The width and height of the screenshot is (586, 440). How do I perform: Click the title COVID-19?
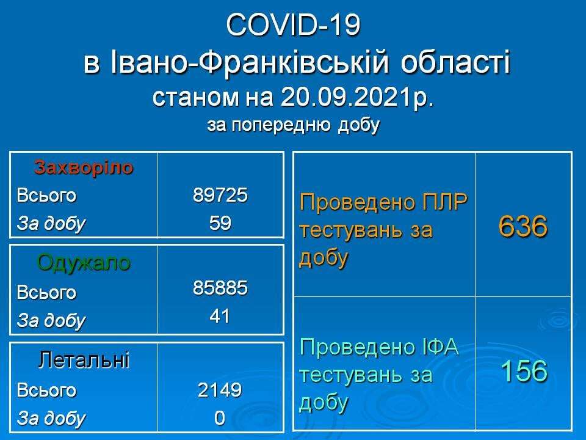pyautogui.click(x=293, y=25)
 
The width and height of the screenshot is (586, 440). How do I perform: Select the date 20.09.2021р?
pyautogui.click(x=357, y=97)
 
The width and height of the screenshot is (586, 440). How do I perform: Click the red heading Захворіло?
pyautogui.click(x=84, y=167)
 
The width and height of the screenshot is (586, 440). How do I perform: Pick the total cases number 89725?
pyautogui.click(x=220, y=195)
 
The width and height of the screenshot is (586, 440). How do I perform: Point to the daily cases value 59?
pyautogui.click(x=220, y=223)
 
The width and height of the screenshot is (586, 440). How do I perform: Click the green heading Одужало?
pyautogui.click(x=84, y=263)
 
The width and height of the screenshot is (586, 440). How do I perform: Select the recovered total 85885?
pyautogui.click(x=220, y=288)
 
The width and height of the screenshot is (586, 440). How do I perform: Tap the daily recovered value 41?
pyautogui.click(x=220, y=316)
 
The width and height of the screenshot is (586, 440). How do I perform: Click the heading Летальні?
pyautogui.click(x=84, y=360)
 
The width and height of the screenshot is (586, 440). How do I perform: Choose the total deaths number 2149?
pyautogui.click(x=220, y=390)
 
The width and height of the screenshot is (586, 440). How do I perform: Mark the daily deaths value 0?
pyautogui.click(x=220, y=418)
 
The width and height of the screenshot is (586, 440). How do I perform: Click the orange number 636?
pyautogui.click(x=523, y=226)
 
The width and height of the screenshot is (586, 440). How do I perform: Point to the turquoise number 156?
pyautogui.click(x=524, y=371)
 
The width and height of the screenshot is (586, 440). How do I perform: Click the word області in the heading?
pyautogui.click(x=456, y=62)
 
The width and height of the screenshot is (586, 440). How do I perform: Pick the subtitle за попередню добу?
pyautogui.click(x=294, y=125)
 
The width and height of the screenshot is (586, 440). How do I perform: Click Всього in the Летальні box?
pyautogui.click(x=46, y=391)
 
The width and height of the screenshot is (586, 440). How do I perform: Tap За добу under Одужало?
pyautogui.click(x=51, y=321)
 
